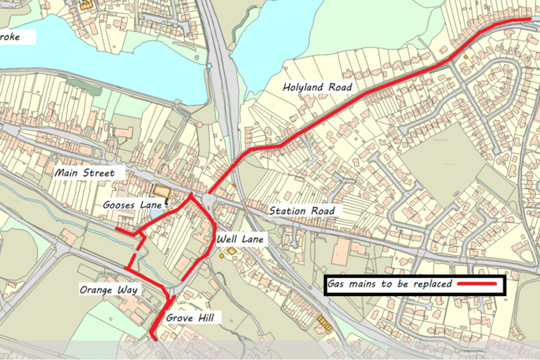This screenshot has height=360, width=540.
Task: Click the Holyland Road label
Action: [318, 88]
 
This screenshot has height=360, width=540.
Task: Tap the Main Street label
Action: [83, 173]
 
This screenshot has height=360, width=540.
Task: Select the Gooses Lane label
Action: [132, 206]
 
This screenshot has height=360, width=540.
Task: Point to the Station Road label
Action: [302, 211]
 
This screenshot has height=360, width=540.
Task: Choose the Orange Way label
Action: [110, 289]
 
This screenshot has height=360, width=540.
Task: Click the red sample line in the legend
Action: [477, 285]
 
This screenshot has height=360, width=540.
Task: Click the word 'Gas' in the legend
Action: [335, 285]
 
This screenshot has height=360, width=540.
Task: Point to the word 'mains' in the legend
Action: [362, 285]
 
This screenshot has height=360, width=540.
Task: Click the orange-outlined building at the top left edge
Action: [88, 4]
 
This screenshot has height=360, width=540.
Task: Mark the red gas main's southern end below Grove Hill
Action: [155, 336]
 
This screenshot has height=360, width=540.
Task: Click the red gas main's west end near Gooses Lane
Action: [117, 229]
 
